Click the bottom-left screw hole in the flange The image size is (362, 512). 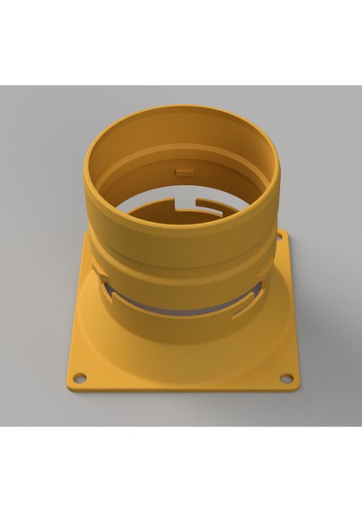(79, 377)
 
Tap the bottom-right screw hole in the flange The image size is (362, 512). (286, 378)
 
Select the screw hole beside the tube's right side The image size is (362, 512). (279, 236)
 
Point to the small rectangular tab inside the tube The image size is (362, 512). (184, 171)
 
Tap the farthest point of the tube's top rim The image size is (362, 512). (183, 109)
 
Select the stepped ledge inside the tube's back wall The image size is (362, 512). (184, 154)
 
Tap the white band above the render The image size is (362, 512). (181, 43)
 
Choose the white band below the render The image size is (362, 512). (181, 469)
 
